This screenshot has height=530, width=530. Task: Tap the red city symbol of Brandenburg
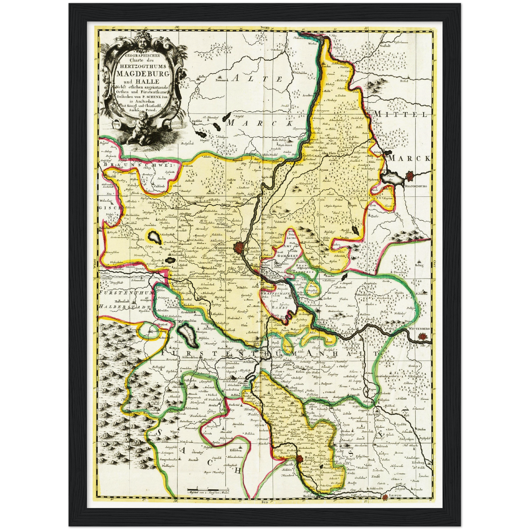(x=410, y=177)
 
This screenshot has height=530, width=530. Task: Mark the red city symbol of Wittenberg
(x=423, y=335)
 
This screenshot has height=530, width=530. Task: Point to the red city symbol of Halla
(x=300, y=458)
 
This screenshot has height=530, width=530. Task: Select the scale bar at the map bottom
(x=208, y=490)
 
